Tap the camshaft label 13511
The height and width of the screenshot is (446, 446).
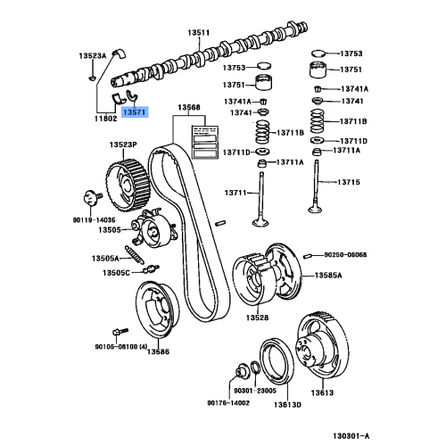pyautogui.click(x=199, y=32)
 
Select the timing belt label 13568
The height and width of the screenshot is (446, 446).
pyautogui.click(x=189, y=107)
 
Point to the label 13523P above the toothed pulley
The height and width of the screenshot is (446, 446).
pyautogui.click(x=123, y=145)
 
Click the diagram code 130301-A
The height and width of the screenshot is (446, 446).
pyautogui.click(x=351, y=436)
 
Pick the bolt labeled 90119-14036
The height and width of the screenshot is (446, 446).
pyautogui.click(x=91, y=198)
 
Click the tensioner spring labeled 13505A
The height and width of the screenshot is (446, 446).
pyautogui.click(x=135, y=254)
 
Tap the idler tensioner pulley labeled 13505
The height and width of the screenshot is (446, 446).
pyautogui.click(x=153, y=228)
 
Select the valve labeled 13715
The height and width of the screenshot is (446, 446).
pyautogui.click(x=316, y=186)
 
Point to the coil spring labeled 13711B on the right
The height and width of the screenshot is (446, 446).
pyautogui.click(x=318, y=121)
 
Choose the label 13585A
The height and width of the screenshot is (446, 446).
pyautogui.click(x=328, y=276)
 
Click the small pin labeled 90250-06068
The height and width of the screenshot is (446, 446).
pyautogui.click(x=308, y=256)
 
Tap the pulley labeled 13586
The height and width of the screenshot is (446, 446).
pyautogui.click(x=158, y=310)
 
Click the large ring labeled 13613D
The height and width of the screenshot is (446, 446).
pyautogui.click(x=277, y=361)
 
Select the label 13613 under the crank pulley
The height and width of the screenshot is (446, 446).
pyautogui.click(x=322, y=392)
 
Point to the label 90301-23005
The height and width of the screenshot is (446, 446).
pyautogui.click(x=255, y=391)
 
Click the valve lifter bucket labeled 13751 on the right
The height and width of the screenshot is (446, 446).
pyautogui.click(x=317, y=70)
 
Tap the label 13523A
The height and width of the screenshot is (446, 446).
pyautogui.click(x=92, y=55)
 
